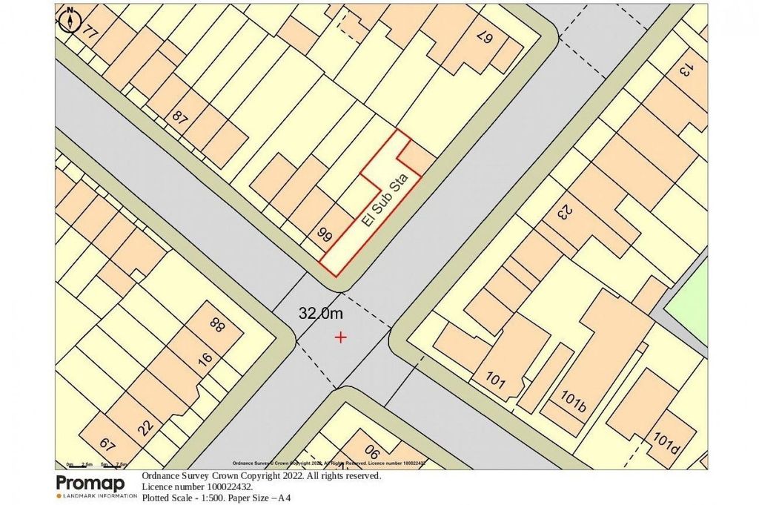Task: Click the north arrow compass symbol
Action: point(69,19)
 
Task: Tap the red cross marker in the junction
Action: point(340,337)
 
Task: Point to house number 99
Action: point(324,236)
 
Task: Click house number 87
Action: point(179,116)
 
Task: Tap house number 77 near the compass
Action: point(90,32)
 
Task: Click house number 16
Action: point(205,358)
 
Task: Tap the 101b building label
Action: point(574,403)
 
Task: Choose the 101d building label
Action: point(666,443)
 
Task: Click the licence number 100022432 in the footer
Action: point(222,487)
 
